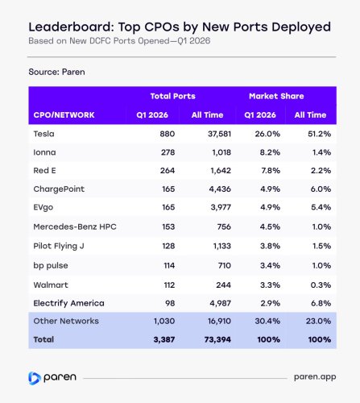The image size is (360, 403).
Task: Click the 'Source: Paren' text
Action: pyautogui.click(x=58, y=71)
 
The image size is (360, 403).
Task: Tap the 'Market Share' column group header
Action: pyautogui.click(x=275, y=96)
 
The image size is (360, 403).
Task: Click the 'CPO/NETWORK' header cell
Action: pyautogui.click(x=65, y=115)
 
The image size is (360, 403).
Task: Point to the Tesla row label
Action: pyautogui.click(x=45, y=134)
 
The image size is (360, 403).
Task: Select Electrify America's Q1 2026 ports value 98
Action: pyautogui.click(x=167, y=302)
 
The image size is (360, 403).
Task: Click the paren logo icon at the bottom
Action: pyautogui.click(x=34, y=376)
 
